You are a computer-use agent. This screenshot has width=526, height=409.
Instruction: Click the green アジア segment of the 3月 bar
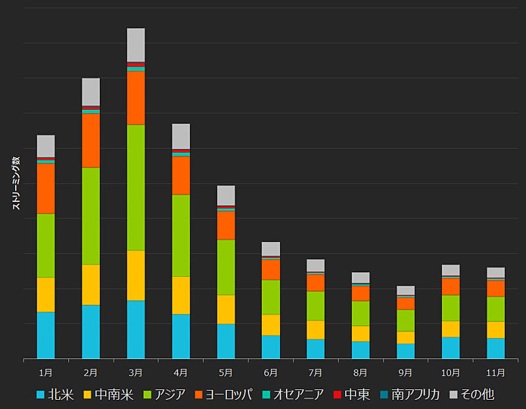[135, 187]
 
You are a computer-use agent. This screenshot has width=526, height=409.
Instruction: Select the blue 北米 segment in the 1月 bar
[45, 335]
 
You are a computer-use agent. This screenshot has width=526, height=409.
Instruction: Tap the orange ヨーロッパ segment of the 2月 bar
[91, 140]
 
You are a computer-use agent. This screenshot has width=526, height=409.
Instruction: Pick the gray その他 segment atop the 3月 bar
[135, 45]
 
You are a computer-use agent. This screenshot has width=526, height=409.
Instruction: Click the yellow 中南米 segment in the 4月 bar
[181, 295]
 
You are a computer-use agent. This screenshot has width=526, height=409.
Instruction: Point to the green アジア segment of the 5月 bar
[226, 267]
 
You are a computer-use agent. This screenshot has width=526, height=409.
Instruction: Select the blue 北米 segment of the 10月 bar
[450, 348]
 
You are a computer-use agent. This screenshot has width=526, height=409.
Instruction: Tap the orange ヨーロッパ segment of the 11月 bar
[495, 289]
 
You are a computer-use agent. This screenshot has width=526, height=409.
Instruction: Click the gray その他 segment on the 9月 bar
[406, 290]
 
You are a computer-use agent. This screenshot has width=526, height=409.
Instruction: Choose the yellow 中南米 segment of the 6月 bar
[270, 325]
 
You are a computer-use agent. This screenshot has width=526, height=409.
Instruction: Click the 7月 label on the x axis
[316, 372]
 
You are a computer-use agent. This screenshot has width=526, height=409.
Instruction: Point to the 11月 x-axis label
[495, 372]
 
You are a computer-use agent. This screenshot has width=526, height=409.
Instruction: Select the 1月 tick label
[45, 372]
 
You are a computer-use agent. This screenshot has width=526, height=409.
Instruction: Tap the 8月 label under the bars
[360, 372]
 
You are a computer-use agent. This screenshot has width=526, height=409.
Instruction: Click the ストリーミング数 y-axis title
[16, 183]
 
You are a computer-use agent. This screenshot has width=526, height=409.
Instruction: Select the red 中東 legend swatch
[338, 395]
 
